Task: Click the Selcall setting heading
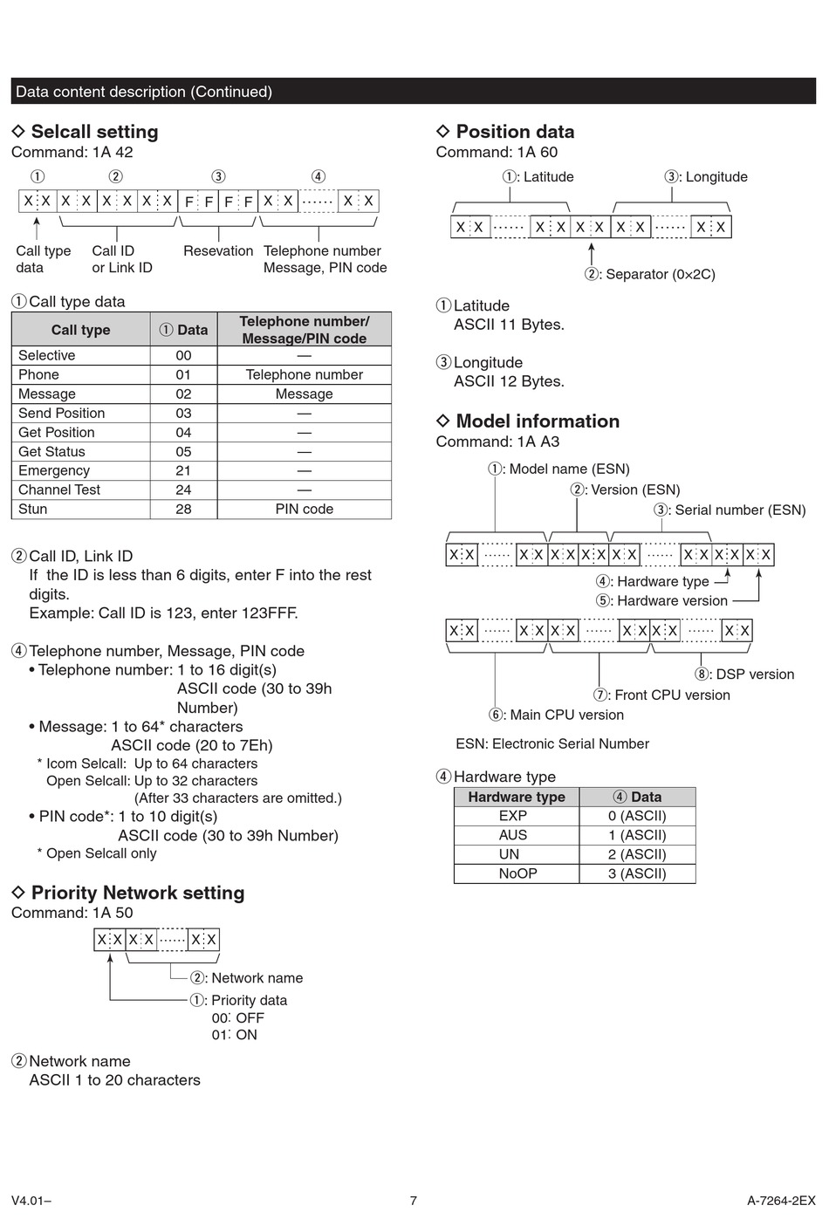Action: click(x=94, y=132)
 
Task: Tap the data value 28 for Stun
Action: click(x=183, y=509)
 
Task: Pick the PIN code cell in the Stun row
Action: click(x=304, y=509)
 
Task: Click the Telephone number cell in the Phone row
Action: click(x=304, y=374)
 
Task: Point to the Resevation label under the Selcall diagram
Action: click(x=218, y=250)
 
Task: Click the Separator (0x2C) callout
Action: click(x=650, y=274)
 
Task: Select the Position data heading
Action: click(x=515, y=132)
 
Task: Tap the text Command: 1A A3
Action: click(x=497, y=442)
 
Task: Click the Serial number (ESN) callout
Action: click(x=730, y=510)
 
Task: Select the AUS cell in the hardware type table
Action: click(x=513, y=835)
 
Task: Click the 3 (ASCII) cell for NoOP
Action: click(x=637, y=873)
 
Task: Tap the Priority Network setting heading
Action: click(x=138, y=893)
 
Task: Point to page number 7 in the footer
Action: click(x=414, y=1200)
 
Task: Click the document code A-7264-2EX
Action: click(x=781, y=1200)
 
